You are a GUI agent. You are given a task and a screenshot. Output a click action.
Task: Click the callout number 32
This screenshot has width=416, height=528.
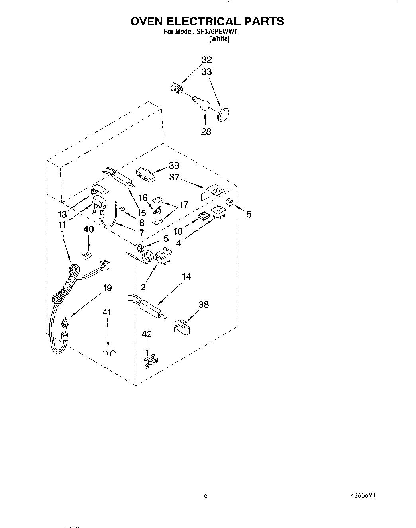pyautogui.click(x=206, y=60)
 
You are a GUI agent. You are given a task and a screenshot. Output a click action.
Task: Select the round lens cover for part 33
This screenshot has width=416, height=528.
pyautogui.click(x=224, y=114)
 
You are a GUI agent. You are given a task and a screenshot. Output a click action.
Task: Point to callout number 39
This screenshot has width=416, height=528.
pyautogui.click(x=174, y=166)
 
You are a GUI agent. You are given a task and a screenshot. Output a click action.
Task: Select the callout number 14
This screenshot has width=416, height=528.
pyautogui.click(x=186, y=276)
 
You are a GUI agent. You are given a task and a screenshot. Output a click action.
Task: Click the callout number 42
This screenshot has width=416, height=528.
pyautogui.click(x=147, y=334)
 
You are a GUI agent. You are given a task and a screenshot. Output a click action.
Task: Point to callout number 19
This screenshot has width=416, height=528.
pyautogui.click(x=107, y=287)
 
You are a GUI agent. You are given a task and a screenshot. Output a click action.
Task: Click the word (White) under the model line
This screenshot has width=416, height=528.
pyautogui.click(x=219, y=39)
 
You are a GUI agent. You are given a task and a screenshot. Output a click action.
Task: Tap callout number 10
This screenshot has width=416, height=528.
pyautogui.click(x=178, y=231)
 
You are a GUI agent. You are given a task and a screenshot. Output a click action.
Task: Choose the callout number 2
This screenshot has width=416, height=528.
pyautogui.click(x=142, y=287)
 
